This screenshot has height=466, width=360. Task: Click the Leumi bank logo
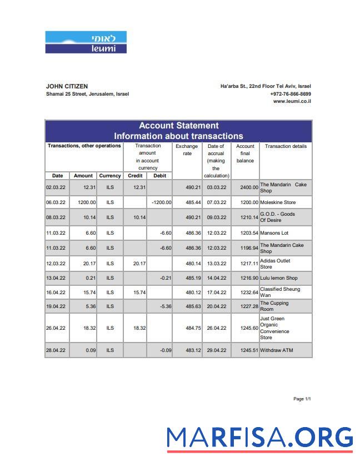[86, 42]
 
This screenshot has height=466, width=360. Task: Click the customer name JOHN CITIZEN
[67, 86]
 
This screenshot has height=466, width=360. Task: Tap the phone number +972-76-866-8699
[291, 94]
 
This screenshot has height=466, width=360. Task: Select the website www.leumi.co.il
[292, 101]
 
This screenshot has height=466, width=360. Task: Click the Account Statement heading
[178, 126]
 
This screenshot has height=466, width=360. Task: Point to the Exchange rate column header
[187, 150]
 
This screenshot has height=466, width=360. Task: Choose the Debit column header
[159, 176]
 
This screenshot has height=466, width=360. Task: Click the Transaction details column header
[286, 146]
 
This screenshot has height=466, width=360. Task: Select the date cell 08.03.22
[56, 217]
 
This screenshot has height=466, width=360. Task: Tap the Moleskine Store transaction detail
[278, 202]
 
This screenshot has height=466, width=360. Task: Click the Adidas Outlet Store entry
[275, 264]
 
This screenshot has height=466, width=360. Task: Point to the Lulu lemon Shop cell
[278, 278]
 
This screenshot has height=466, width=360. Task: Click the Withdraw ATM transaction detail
[276, 350]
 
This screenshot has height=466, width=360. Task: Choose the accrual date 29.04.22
[216, 350]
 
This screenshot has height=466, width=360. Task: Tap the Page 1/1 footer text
[302, 399]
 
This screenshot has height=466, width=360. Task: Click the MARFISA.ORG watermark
[259, 438]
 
